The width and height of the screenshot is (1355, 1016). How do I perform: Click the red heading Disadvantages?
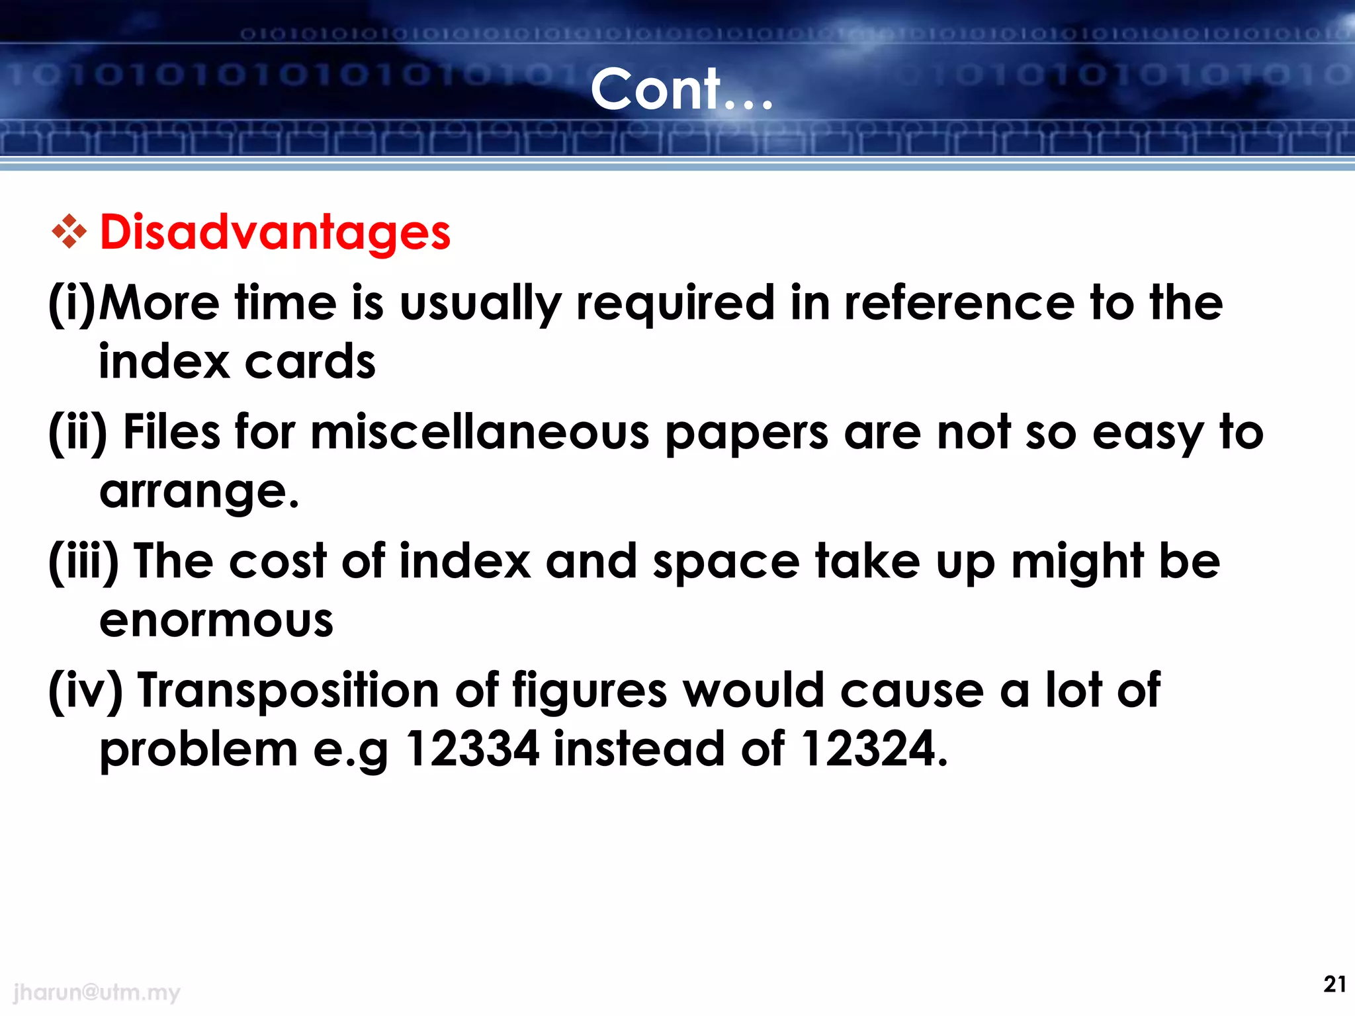tap(275, 233)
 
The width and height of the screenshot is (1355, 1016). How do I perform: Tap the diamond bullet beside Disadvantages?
tap(69, 232)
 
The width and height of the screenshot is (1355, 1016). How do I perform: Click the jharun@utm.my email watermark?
tap(97, 992)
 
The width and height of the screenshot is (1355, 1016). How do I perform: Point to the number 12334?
tap(472, 749)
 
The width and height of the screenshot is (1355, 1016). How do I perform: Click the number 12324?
tap(873, 749)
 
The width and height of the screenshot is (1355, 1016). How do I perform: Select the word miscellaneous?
tap(480, 433)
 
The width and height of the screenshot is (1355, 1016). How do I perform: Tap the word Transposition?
tap(288, 691)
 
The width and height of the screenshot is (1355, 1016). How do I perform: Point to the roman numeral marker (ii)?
tap(78, 434)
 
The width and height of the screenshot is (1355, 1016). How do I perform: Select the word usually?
tap(481, 304)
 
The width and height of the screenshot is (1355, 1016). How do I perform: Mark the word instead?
tap(638, 749)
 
